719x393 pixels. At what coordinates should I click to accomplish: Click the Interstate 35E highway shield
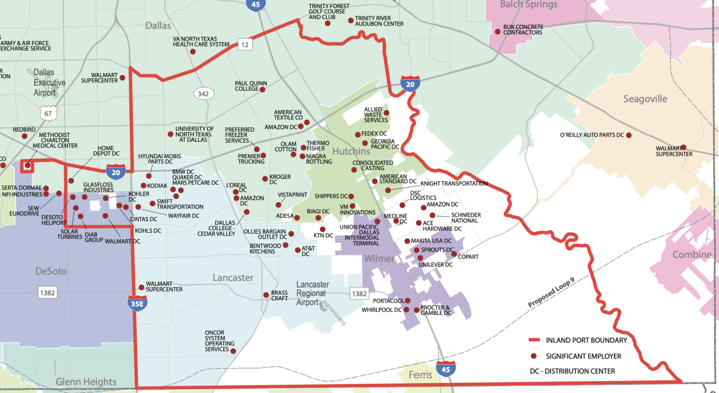click(x=137, y=303)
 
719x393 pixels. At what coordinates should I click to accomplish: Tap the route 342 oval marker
click(x=203, y=94)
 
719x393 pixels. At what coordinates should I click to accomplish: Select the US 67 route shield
click(x=48, y=113)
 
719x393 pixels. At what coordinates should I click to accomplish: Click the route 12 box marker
click(x=245, y=44)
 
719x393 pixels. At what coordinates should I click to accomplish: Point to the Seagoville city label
click(x=645, y=99)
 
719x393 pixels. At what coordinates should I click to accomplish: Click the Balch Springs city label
click(x=528, y=5)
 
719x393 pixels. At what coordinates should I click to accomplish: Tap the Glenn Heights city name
click(x=86, y=382)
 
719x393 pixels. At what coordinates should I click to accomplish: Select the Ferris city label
click(x=420, y=375)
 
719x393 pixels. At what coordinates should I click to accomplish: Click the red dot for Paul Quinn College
click(x=263, y=89)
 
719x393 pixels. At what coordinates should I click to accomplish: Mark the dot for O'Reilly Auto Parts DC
click(x=629, y=135)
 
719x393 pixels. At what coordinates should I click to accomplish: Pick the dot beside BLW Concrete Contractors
click(x=498, y=32)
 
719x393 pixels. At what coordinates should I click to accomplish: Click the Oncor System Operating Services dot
click(x=233, y=351)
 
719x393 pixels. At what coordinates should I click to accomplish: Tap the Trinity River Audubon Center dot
click(x=351, y=21)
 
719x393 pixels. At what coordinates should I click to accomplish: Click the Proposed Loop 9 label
click(x=551, y=293)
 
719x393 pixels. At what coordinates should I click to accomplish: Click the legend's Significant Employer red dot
click(x=534, y=356)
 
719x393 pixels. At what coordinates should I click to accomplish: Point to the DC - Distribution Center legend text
click(x=572, y=371)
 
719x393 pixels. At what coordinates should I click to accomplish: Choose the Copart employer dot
click(x=454, y=254)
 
